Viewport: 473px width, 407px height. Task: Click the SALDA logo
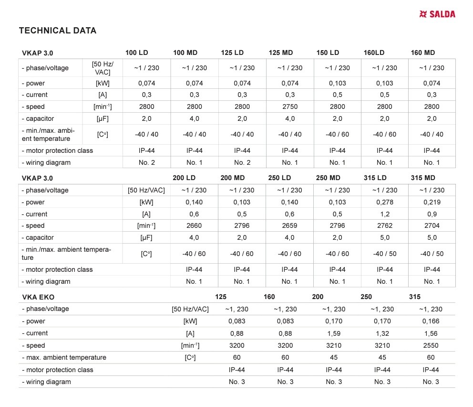click(x=437, y=14)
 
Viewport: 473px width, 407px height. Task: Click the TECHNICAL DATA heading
click(x=57, y=31)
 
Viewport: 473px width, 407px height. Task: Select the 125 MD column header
click(x=281, y=53)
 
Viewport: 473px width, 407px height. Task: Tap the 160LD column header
click(x=374, y=53)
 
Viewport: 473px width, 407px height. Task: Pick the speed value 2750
click(x=290, y=107)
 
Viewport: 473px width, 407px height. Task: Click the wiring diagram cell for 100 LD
click(x=147, y=162)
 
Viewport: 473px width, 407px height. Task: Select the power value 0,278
click(x=385, y=202)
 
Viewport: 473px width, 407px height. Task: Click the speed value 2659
click(x=289, y=225)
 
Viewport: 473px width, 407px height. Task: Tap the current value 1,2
click(x=385, y=214)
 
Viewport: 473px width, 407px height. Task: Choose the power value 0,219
click(x=432, y=202)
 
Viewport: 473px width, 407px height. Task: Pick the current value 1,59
click(x=334, y=333)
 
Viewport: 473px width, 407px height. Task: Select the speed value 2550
click(x=431, y=345)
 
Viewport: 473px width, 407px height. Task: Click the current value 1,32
click(x=382, y=333)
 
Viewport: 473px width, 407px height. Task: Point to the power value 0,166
click(x=431, y=321)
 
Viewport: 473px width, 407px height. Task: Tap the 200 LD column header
click(x=184, y=178)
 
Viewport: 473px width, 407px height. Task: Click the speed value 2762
click(x=385, y=225)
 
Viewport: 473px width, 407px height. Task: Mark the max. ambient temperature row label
click(x=64, y=357)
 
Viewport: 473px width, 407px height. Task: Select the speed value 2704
click(x=432, y=225)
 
